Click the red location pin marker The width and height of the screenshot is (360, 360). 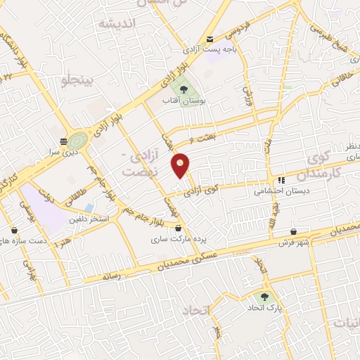click(181, 165)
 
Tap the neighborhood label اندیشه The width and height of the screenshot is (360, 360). click(116, 24)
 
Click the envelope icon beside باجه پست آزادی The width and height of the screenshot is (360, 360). click(210, 39)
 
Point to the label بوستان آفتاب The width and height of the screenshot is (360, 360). click(184, 101)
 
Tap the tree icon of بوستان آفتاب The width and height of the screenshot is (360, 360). click(184, 90)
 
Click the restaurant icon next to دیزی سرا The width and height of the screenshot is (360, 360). click(64, 141)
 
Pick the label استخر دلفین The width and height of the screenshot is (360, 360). click(88, 219)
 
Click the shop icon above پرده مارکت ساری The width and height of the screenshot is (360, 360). click(179, 228)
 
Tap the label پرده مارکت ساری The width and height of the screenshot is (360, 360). click(179, 239)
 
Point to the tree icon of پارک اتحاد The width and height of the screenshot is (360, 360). click(264, 297)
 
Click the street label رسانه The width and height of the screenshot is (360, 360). click(113, 276)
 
